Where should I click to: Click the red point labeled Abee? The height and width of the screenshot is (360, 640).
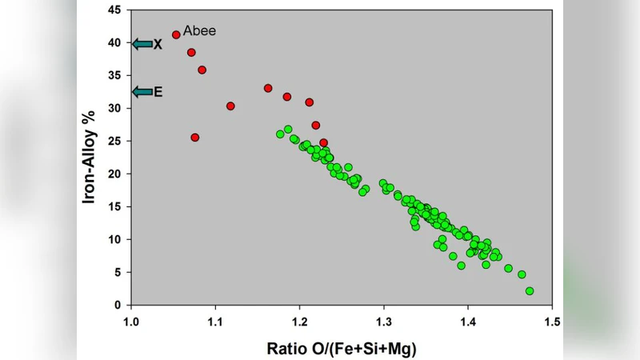[176, 34]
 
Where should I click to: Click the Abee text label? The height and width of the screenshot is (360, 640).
[200, 31]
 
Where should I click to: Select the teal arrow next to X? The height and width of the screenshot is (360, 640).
[142, 44]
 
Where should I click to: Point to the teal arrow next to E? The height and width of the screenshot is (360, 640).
[142, 92]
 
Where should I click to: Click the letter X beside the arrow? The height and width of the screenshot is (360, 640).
[158, 45]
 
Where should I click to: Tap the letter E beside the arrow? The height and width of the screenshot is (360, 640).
[158, 93]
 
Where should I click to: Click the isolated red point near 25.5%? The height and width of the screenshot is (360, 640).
[195, 138]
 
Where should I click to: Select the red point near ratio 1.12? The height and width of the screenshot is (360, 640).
[230, 106]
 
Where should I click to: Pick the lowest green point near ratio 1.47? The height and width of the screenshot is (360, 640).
[530, 291]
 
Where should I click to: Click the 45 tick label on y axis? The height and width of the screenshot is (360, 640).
[116, 10]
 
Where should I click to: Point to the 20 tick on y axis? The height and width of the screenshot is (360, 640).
[116, 174]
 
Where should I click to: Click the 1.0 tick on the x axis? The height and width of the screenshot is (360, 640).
[131, 321]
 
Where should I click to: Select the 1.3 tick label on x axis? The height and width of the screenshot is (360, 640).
[383, 321]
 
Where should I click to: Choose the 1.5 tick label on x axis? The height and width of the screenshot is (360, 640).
[551, 321]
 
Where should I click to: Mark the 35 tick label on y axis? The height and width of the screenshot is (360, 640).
[116, 75]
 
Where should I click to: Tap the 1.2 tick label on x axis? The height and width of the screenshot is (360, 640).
[299, 321]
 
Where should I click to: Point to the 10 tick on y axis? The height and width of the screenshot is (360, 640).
[116, 239]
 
